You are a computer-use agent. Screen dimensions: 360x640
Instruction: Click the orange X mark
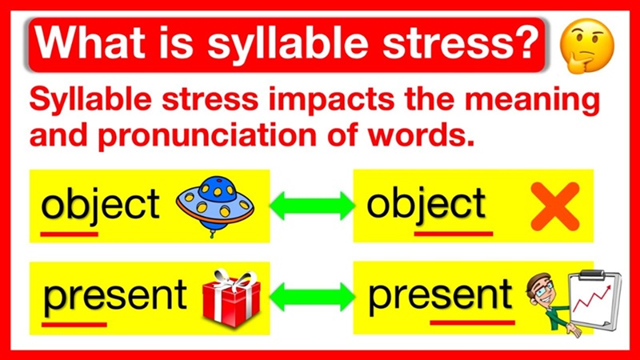coord(554,206)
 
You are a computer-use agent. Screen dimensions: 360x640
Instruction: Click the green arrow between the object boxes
coord(311,206)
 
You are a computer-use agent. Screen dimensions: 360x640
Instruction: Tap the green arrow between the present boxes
coord(311,297)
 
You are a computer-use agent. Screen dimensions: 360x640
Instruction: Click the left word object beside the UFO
coord(101,206)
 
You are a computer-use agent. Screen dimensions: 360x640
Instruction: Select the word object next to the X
coord(426,205)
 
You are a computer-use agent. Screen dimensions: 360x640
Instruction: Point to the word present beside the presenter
coord(439,295)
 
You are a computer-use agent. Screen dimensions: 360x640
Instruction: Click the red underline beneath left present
coord(74,324)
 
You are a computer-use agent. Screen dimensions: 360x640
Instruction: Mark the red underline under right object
coord(454,234)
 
